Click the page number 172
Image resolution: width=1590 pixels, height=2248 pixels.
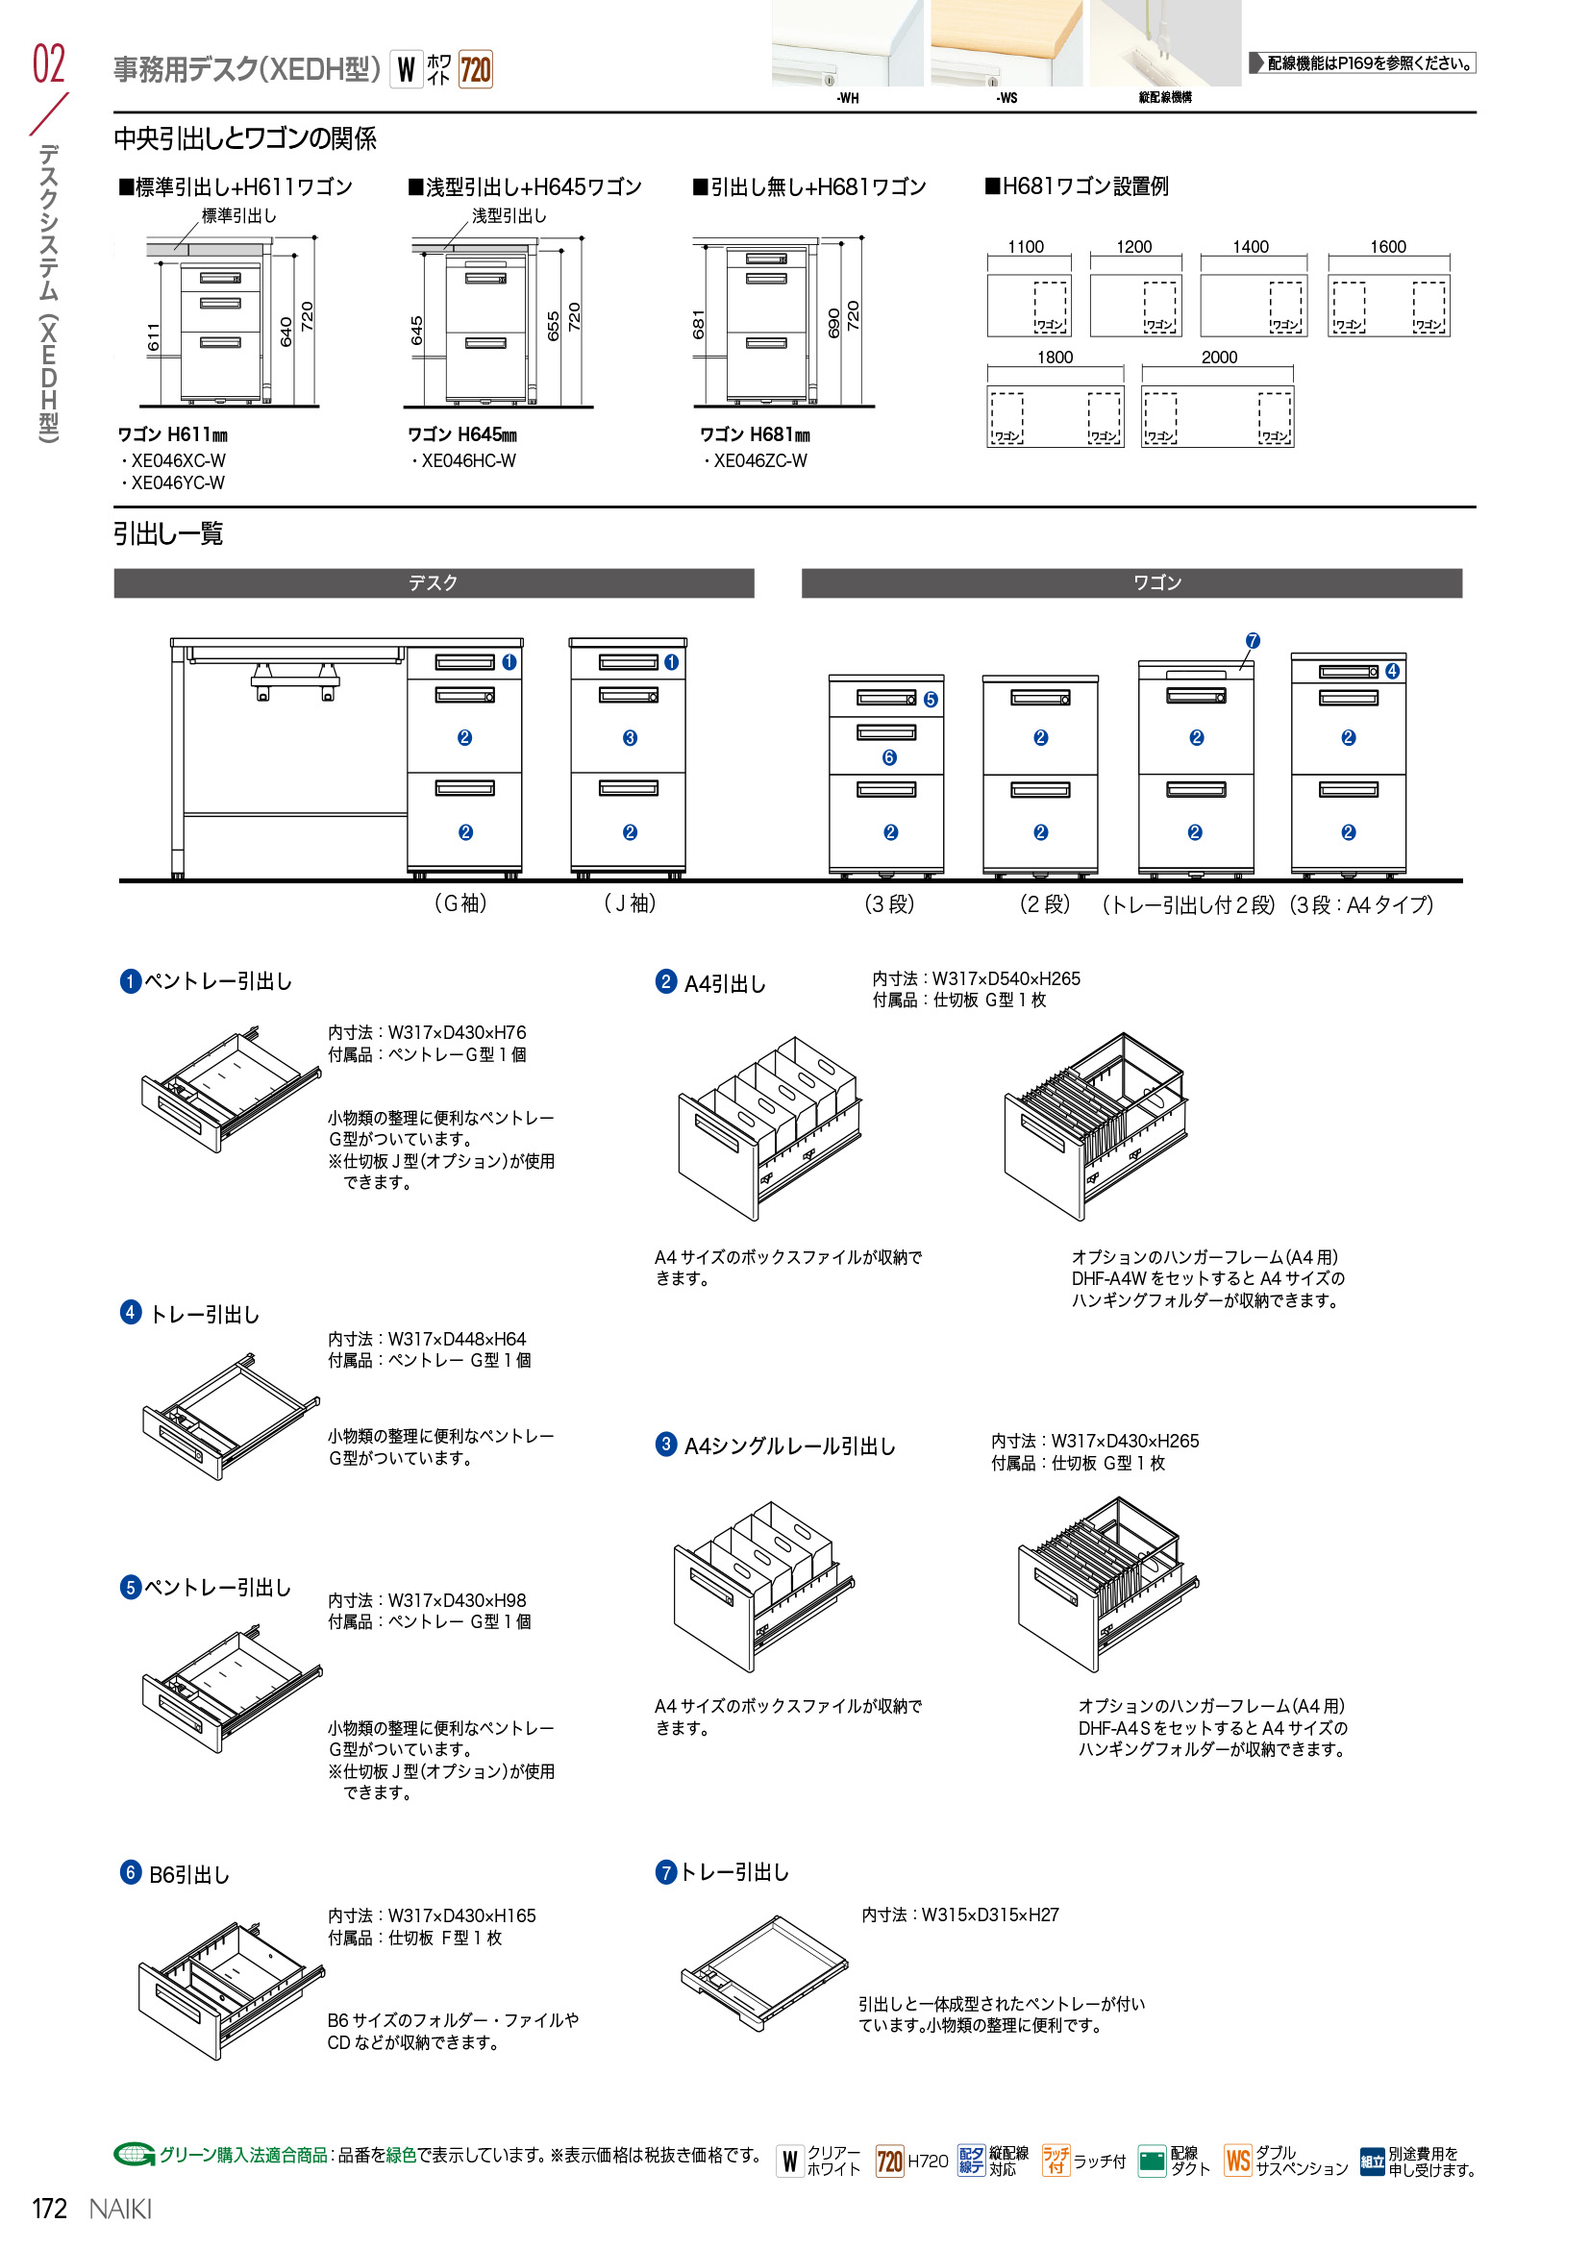[49, 2208]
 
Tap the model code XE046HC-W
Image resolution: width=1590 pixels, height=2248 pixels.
[467, 461]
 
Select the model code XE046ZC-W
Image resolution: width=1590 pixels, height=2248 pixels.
[758, 461]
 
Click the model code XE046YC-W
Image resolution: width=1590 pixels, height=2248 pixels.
[176, 483]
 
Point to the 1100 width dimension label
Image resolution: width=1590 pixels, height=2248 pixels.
[1025, 247]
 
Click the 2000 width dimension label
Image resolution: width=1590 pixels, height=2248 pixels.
[1219, 358]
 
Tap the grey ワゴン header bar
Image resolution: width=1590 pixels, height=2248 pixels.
[1130, 583]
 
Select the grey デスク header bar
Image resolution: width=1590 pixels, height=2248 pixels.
[434, 583]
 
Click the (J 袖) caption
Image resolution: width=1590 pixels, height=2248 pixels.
[630, 903]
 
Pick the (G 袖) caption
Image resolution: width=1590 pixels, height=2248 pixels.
[460, 903]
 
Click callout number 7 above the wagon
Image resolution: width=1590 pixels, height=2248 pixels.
[1253, 641]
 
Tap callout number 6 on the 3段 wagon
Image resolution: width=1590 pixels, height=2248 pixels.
[889, 756]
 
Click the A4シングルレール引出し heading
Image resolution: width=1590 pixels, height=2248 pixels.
[788, 1446]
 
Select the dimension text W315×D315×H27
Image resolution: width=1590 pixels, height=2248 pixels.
[989, 1915]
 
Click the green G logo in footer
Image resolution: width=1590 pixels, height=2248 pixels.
[135, 2154]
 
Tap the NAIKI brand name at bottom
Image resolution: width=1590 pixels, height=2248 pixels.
[120, 2209]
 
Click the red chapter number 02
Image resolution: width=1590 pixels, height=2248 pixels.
[49, 64]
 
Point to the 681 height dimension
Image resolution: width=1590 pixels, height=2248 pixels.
[699, 324]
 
